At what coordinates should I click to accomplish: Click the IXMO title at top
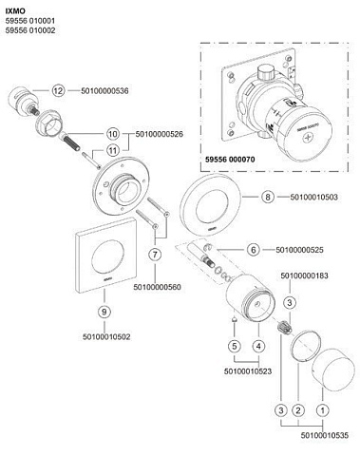pos(15,11)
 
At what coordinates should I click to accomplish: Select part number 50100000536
pos(104,91)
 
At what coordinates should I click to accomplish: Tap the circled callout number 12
pos(58,91)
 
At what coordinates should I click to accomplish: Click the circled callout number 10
pos(113,134)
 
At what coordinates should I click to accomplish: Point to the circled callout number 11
pos(113,150)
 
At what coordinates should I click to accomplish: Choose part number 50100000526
pos(160,134)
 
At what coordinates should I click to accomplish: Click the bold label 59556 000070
pos(230,160)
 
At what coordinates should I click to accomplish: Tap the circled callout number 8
pos(268,197)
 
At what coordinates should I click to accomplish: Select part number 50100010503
pos(314,197)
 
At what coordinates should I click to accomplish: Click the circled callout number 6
pos(254,250)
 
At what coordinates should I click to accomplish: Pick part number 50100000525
pos(299,250)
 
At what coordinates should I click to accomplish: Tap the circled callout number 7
pos(155,255)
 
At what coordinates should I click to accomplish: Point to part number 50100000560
pos(158,287)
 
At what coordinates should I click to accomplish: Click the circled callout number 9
pos(104,312)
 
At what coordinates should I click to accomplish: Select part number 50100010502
pos(106,337)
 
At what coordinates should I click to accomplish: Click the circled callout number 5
pos(235,346)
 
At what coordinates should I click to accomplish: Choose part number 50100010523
pos(248,371)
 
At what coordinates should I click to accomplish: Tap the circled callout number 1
pos(323,410)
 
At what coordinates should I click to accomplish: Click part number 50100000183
pos(305,275)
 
